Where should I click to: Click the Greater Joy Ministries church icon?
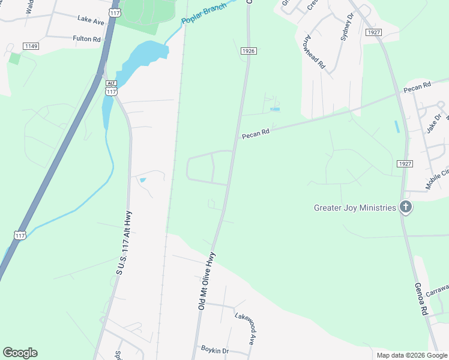point(406,208)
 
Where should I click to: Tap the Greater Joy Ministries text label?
point(355,208)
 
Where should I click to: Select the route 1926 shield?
point(249,51)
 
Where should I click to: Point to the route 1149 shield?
point(31,46)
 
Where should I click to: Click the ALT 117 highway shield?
point(110,88)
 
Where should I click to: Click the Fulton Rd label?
point(86,39)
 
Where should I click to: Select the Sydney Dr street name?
point(345,43)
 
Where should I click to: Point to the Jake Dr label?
point(433,122)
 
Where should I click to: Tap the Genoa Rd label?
point(420,299)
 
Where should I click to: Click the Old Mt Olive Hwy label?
point(206,281)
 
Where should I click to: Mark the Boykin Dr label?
point(215,350)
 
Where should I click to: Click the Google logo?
point(20,353)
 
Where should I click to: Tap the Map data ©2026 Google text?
point(411,355)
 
